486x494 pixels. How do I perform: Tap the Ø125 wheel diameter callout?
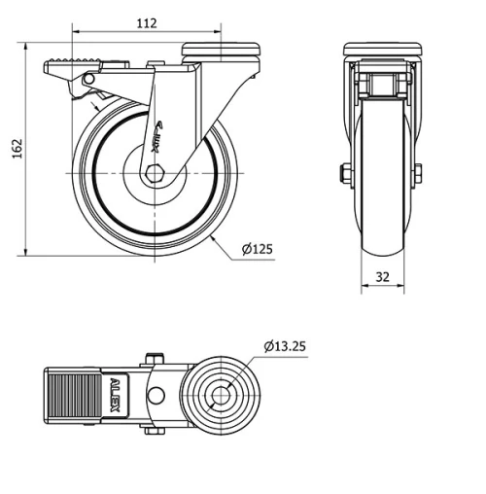pos(257,249)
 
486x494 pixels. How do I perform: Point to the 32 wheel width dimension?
pos(382,277)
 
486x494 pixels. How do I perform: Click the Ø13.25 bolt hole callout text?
pos(285,345)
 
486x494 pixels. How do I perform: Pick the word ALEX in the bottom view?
pos(116,395)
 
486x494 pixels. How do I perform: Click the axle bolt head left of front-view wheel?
pos(345,175)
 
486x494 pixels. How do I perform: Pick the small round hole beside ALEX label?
pos(154,395)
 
